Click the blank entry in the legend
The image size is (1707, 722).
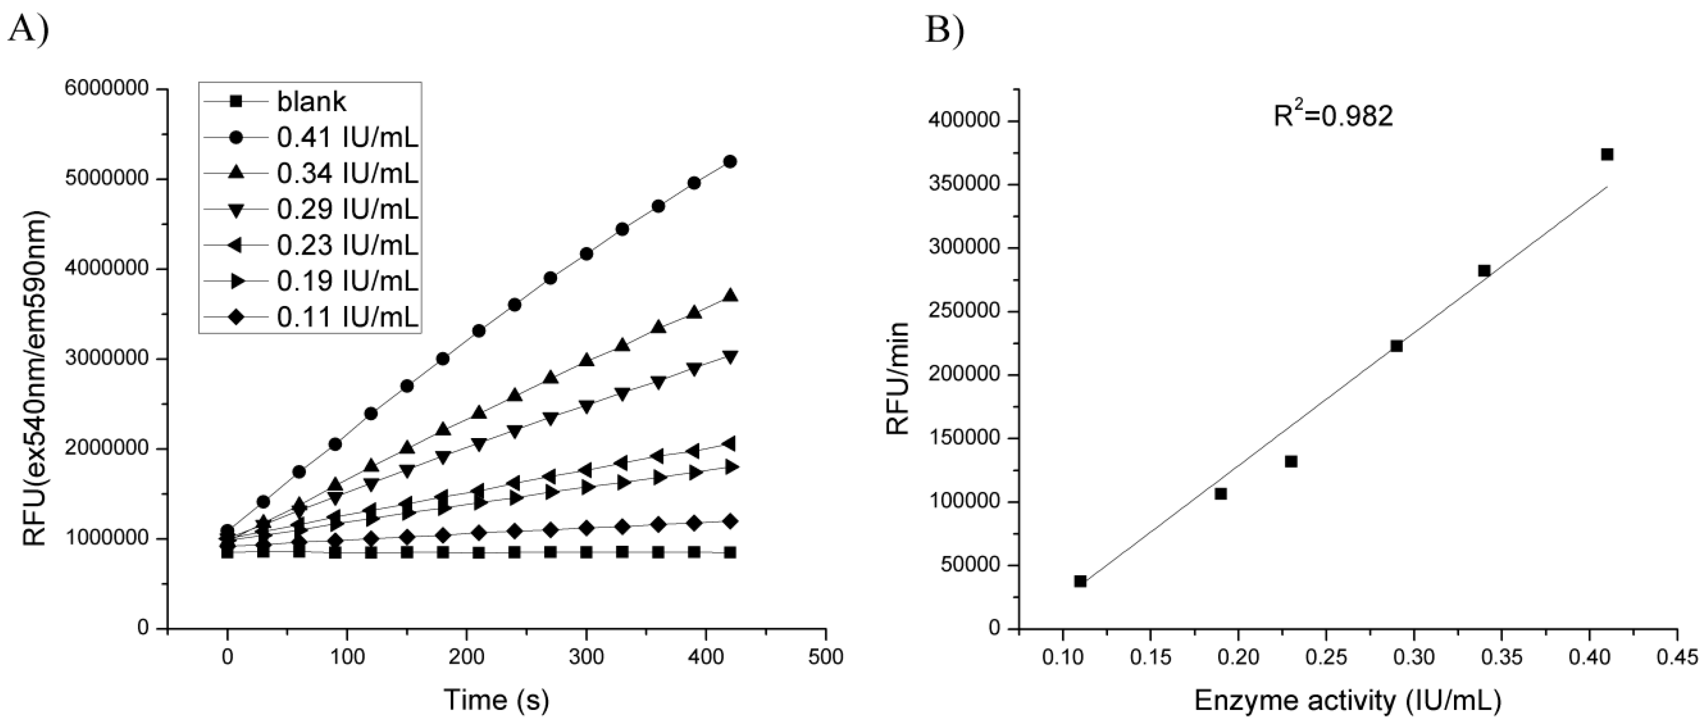click(x=311, y=102)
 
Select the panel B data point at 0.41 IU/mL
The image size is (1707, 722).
click(x=1607, y=154)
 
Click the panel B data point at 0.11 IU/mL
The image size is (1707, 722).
click(x=1080, y=581)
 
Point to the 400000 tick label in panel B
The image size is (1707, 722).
click(x=968, y=121)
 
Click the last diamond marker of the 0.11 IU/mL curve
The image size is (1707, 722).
click(x=730, y=521)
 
